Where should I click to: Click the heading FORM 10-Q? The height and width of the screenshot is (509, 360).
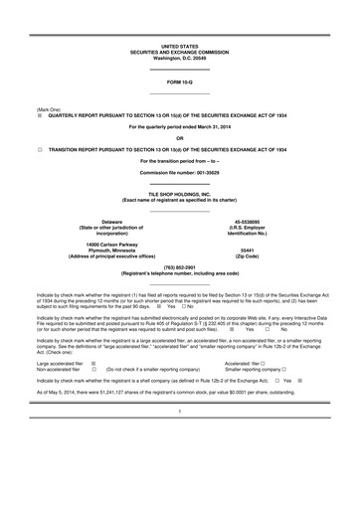(x=180, y=82)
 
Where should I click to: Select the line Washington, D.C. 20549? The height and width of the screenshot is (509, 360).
(x=180, y=58)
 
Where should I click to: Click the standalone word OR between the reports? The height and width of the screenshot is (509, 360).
(x=180, y=137)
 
